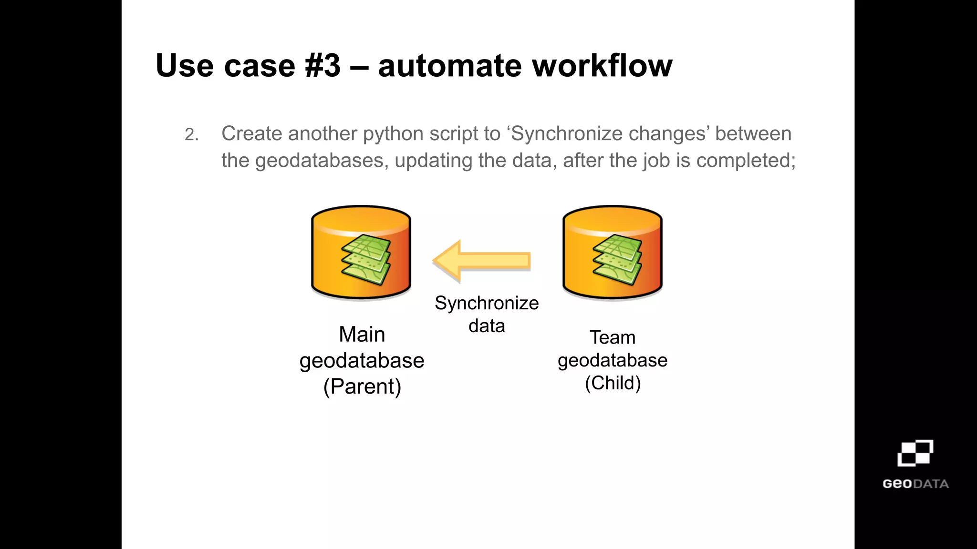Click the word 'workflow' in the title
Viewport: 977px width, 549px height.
coord(602,65)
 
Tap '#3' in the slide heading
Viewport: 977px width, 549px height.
coord(323,65)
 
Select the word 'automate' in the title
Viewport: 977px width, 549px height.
coord(449,66)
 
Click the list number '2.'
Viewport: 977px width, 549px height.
coord(192,135)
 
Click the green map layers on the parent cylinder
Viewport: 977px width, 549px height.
coord(366,260)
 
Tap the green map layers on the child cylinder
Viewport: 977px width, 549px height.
coord(617,260)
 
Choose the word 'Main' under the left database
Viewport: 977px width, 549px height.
coord(362,334)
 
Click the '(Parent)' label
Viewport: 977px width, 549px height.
coord(362,386)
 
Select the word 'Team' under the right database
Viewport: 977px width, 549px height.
coord(613,337)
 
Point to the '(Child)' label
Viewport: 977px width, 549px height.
coord(613,383)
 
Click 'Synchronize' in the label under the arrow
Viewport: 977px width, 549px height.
coord(486,303)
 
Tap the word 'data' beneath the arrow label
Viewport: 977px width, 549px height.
coord(486,326)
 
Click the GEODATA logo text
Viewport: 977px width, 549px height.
coord(915,484)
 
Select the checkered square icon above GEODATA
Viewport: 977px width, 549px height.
coord(915,453)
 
